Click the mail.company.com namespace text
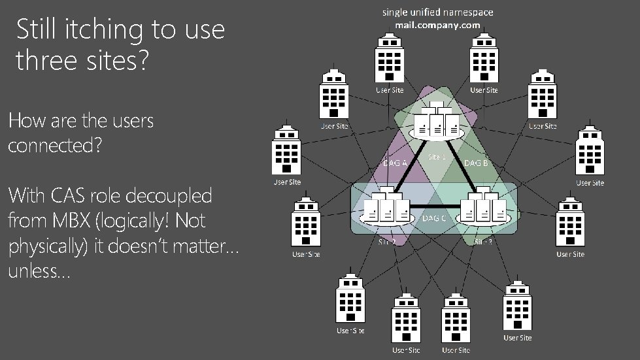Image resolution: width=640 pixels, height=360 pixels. [437, 25]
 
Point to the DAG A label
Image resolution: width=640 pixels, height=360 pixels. [395, 163]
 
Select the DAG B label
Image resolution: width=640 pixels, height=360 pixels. [476, 163]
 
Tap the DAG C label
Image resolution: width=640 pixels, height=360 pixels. [435, 218]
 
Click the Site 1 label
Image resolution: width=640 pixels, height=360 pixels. [437, 157]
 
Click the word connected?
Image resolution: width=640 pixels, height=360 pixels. [55, 145]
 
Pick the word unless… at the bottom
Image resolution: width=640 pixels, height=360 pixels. [38, 271]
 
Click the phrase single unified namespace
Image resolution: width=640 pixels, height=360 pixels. [438, 12]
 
